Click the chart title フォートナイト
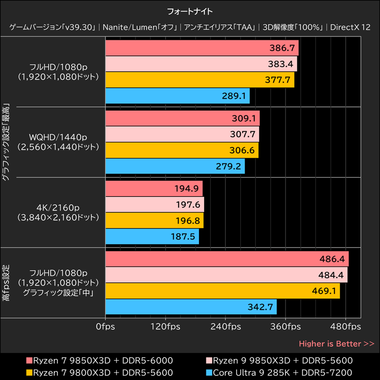click(x=190, y=10)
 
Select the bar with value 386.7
click(x=201, y=48)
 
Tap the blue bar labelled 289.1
click(x=177, y=96)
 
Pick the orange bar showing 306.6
click(x=181, y=151)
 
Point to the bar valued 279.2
click(x=175, y=166)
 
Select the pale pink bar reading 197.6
click(x=154, y=205)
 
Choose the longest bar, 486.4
click(x=227, y=259)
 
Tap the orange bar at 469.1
click(x=222, y=291)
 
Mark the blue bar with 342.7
click(x=190, y=306)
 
